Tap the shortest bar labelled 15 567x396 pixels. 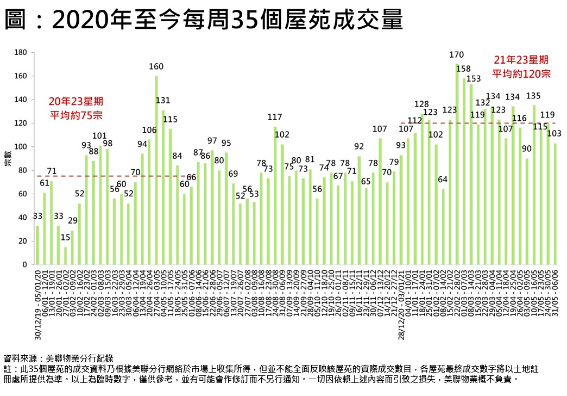pos(65,256)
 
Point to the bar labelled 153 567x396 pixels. pos(471,174)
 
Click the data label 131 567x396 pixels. pos(163,101)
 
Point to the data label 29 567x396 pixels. pos(72,221)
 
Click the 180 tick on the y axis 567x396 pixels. pos(21,53)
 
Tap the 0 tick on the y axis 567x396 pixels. pos(24,265)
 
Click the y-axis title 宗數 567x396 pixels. pos(8,159)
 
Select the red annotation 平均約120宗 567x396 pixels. pos(521,73)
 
